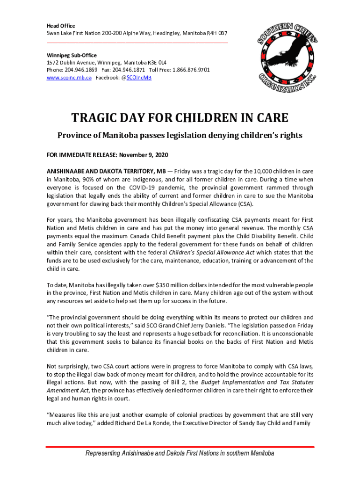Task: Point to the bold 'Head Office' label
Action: click(61, 26)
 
